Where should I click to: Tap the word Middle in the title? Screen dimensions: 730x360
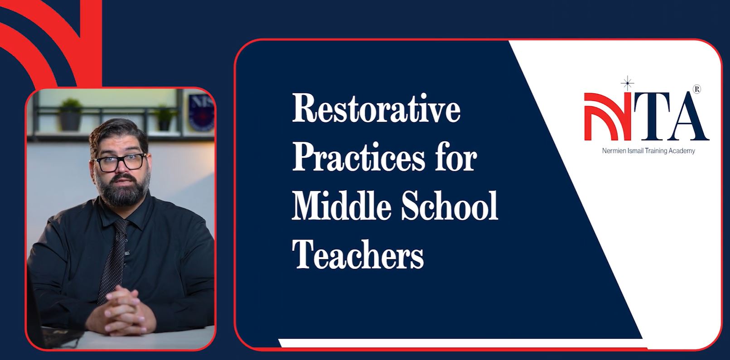tap(341, 206)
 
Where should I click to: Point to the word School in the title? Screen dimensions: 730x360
tap(450, 206)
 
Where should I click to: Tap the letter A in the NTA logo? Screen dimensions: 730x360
tap(687, 117)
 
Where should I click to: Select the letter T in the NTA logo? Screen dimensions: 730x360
tap(652, 117)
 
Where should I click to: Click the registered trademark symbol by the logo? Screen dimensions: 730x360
tap(697, 89)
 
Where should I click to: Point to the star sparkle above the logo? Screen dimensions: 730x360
tap(627, 84)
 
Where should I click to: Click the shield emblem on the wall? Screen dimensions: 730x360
tap(201, 113)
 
